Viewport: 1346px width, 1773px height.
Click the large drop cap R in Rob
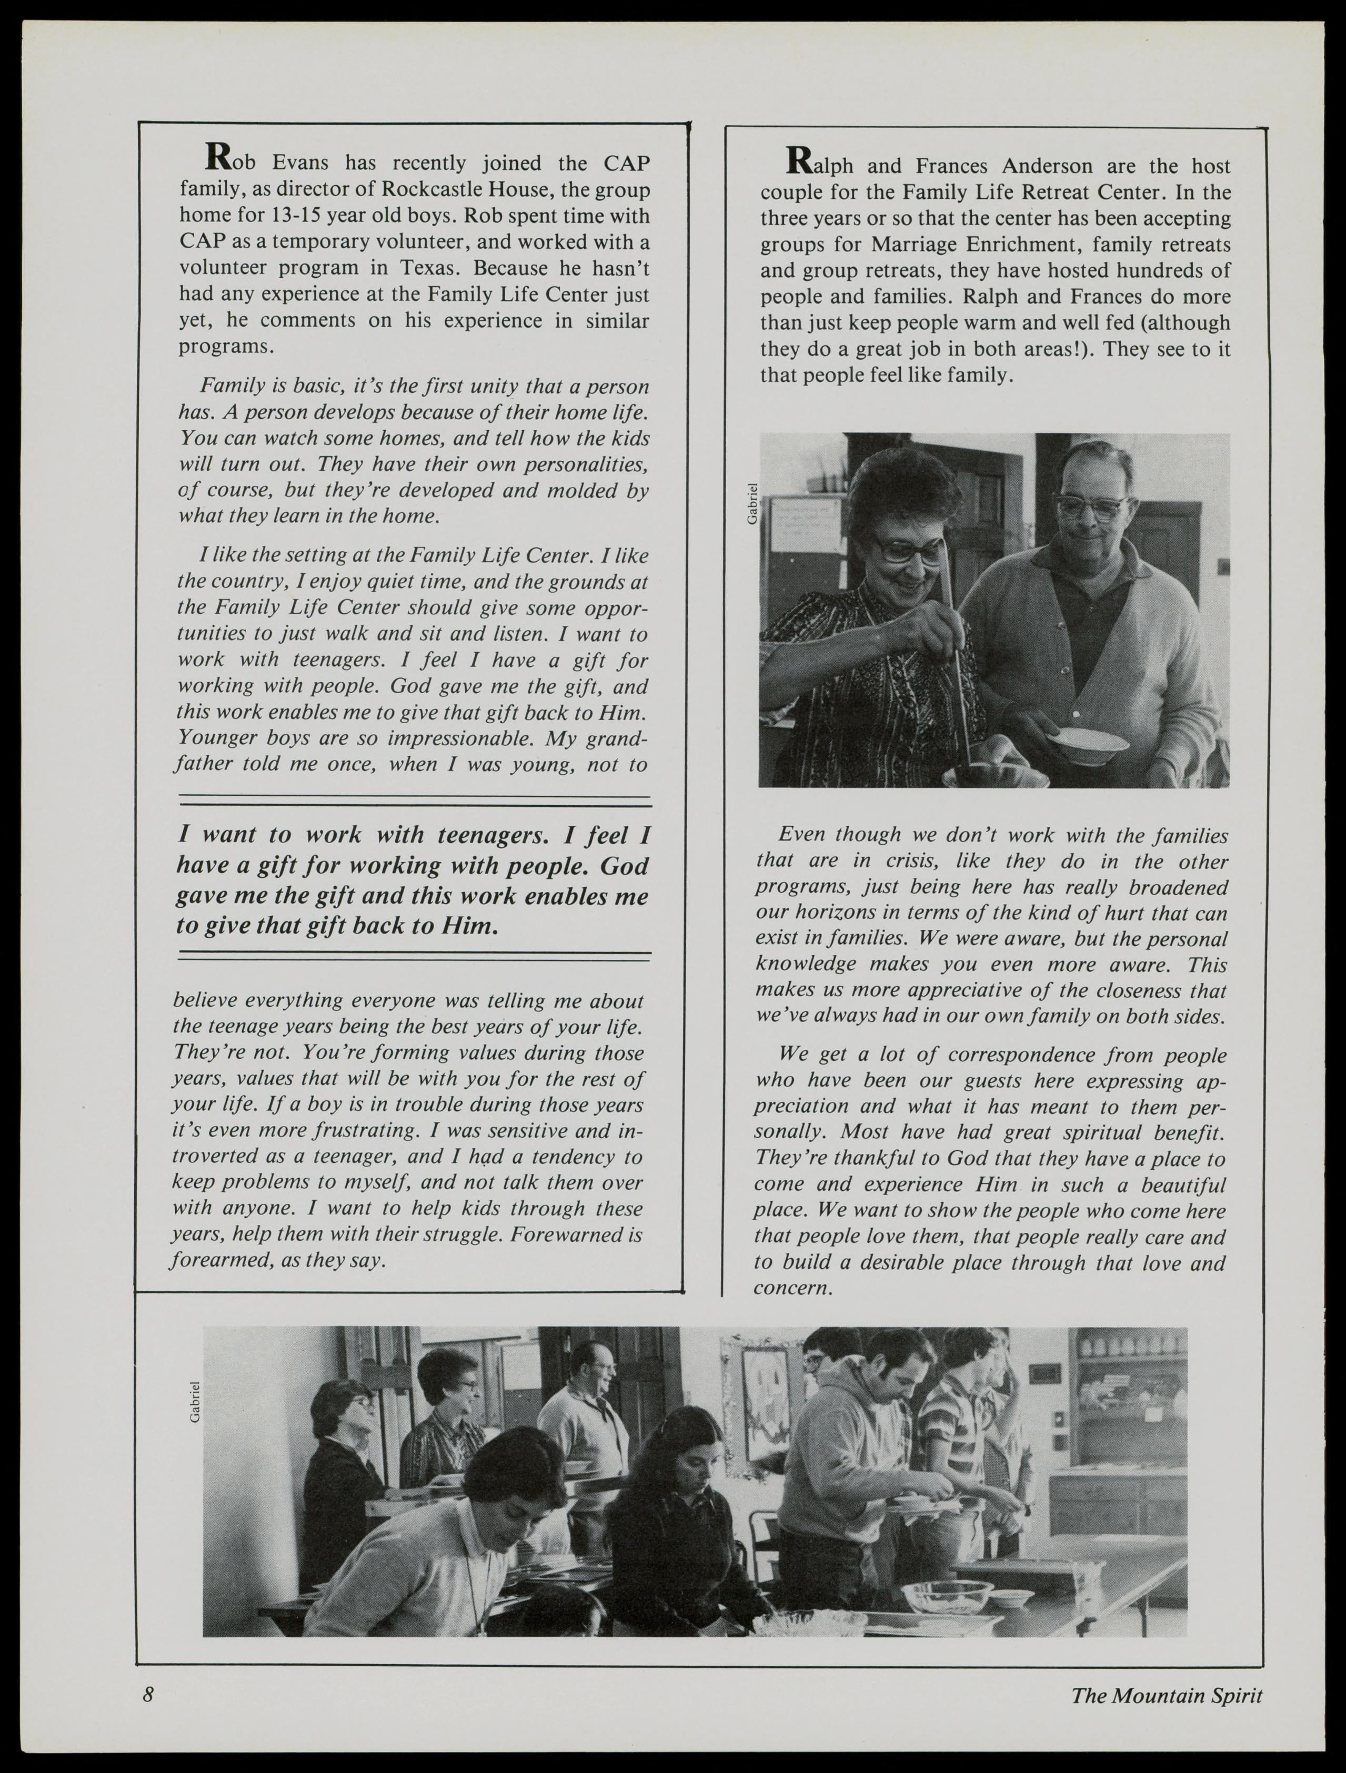pyautogui.click(x=219, y=157)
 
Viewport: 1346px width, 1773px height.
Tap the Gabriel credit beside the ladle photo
pyautogui.click(x=751, y=503)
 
